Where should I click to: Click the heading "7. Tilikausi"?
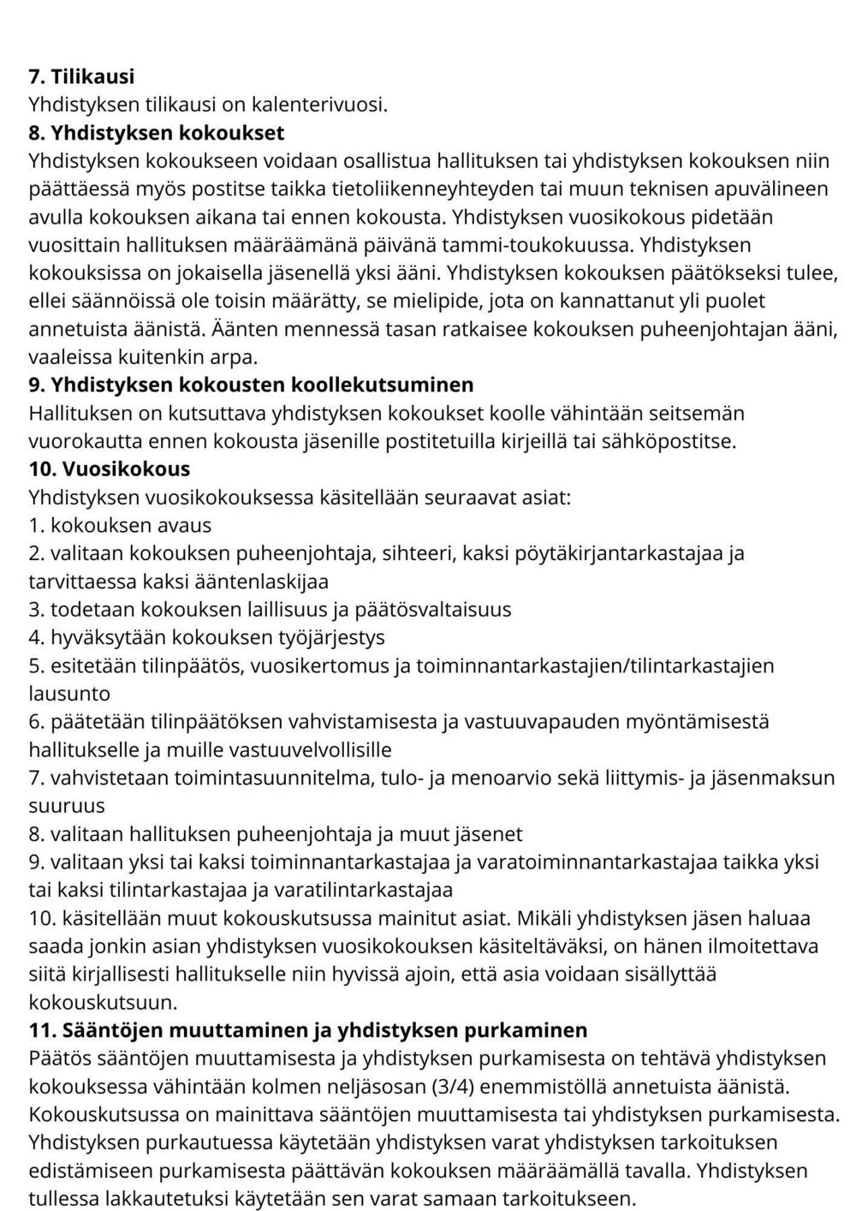[x=81, y=76]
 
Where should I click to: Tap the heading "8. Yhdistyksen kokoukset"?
[x=157, y=133]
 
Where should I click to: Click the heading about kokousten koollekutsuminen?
[x=251, y=385]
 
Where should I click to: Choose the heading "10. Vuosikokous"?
[x=110, y=468]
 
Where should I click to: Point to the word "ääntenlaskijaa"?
[x=267, y=582]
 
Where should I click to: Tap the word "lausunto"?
[x=69, y=693]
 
